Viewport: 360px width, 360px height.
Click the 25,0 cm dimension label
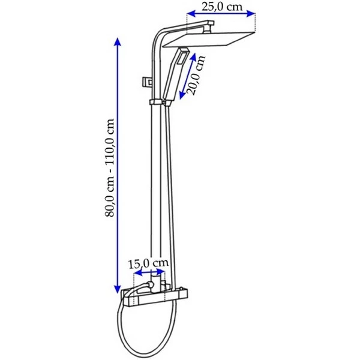click(222, 7)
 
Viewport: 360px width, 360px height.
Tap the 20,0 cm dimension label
click(196, 76)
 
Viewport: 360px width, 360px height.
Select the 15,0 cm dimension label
click(148, 263)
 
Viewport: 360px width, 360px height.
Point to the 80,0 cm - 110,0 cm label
click(110, 168)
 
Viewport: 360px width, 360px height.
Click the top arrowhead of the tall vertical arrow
click(118, 43)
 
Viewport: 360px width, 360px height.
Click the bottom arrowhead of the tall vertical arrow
click(118, 289)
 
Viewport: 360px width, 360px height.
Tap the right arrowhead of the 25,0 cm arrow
click(251, 14)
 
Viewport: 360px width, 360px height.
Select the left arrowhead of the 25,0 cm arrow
click(191, 14)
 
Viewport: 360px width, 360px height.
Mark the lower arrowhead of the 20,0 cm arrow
click(182, 95)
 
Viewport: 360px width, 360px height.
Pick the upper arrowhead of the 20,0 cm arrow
click(193, 58)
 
